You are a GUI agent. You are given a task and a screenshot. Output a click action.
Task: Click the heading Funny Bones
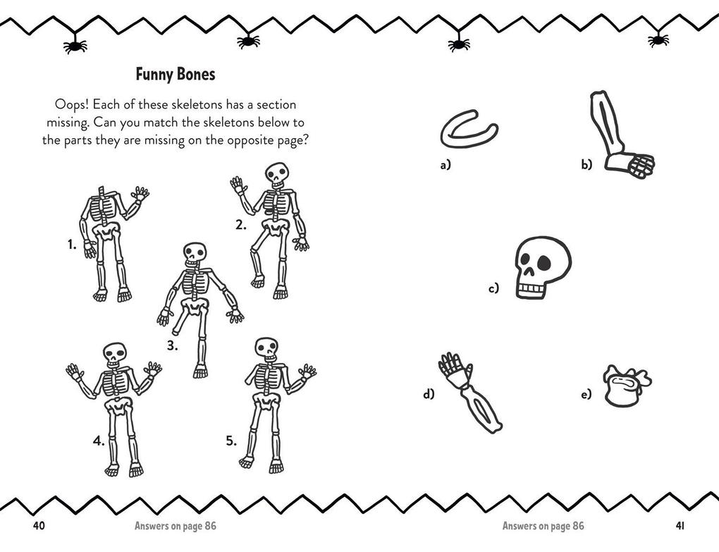[x=175, y=74]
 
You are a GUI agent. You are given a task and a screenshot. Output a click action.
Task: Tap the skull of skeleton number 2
[x=277, y=174]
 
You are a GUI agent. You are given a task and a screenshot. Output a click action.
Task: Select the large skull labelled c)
[x=541, y=267]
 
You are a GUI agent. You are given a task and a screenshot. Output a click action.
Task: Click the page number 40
[x=39, y=525]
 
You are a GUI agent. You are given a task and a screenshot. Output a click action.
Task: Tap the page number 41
[x=680, y=525]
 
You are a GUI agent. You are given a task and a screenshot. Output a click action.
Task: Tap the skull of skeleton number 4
[x=114, y=354]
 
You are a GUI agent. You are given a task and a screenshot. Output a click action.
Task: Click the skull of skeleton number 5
[x=266, y=348]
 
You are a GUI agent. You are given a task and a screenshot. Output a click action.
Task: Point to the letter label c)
[x=493, y=288]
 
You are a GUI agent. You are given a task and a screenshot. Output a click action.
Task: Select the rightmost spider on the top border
[x=658, y=39]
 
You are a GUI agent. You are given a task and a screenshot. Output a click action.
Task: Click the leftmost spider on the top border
[x=75, y=47]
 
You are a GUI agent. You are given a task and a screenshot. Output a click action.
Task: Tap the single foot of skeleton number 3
[x=201, y=371]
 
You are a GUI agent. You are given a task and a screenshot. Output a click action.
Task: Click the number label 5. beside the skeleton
[x=231, y=441]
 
